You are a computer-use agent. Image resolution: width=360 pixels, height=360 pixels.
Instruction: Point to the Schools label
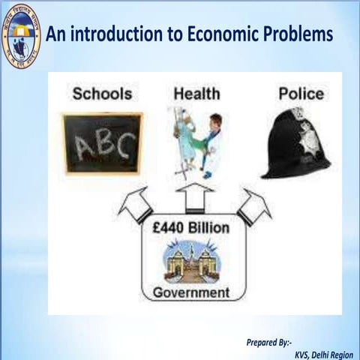pyautogui.click(x=103, y=94)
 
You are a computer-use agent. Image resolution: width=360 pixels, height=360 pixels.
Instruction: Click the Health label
pyautogui.click(x=196, y=94)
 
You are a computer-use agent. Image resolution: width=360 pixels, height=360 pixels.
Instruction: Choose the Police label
pyautogui.click(x=301, y=94)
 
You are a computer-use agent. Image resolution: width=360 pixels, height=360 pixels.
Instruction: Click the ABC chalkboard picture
pyautogui.click(x=103, y=142)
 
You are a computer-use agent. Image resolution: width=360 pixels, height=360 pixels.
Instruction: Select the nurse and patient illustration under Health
pyautogui.click(x=194, y=142)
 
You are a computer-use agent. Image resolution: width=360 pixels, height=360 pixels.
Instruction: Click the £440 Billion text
pyautogui.click(x=195, y=228)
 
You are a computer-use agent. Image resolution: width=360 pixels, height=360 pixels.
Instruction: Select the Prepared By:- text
pyautogui.click(x=268, y=342)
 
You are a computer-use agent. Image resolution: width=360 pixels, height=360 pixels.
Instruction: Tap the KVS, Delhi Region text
pyautogui.click(x=323, y=353)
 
